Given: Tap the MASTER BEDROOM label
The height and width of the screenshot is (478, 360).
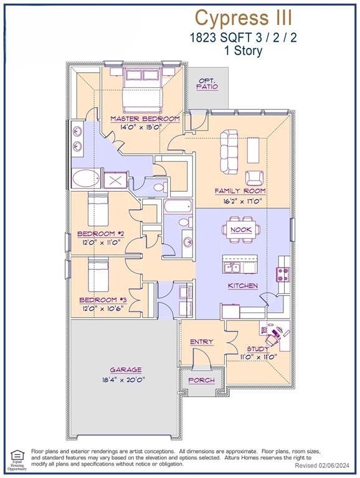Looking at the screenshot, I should [x=145, y=118].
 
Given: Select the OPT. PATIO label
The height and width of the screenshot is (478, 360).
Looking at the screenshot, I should [x=207, y=84].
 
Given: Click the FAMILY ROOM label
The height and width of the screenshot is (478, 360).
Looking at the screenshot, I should [x=240, y=190].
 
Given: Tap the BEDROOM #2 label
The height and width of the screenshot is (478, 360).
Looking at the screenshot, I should [x=102, y=233].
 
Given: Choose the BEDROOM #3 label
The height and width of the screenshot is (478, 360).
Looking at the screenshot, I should [x=102, y=299].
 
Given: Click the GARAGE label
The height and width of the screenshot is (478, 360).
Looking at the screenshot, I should [x=126, y=369].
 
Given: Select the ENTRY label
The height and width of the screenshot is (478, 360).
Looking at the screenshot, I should [x=201, y=342].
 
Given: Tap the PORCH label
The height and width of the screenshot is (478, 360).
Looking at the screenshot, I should [x=201, y=380].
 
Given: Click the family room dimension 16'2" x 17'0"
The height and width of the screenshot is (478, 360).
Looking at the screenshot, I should [x=240, y=201].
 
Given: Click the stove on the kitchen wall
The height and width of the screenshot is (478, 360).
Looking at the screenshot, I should [x=283, y=274].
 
